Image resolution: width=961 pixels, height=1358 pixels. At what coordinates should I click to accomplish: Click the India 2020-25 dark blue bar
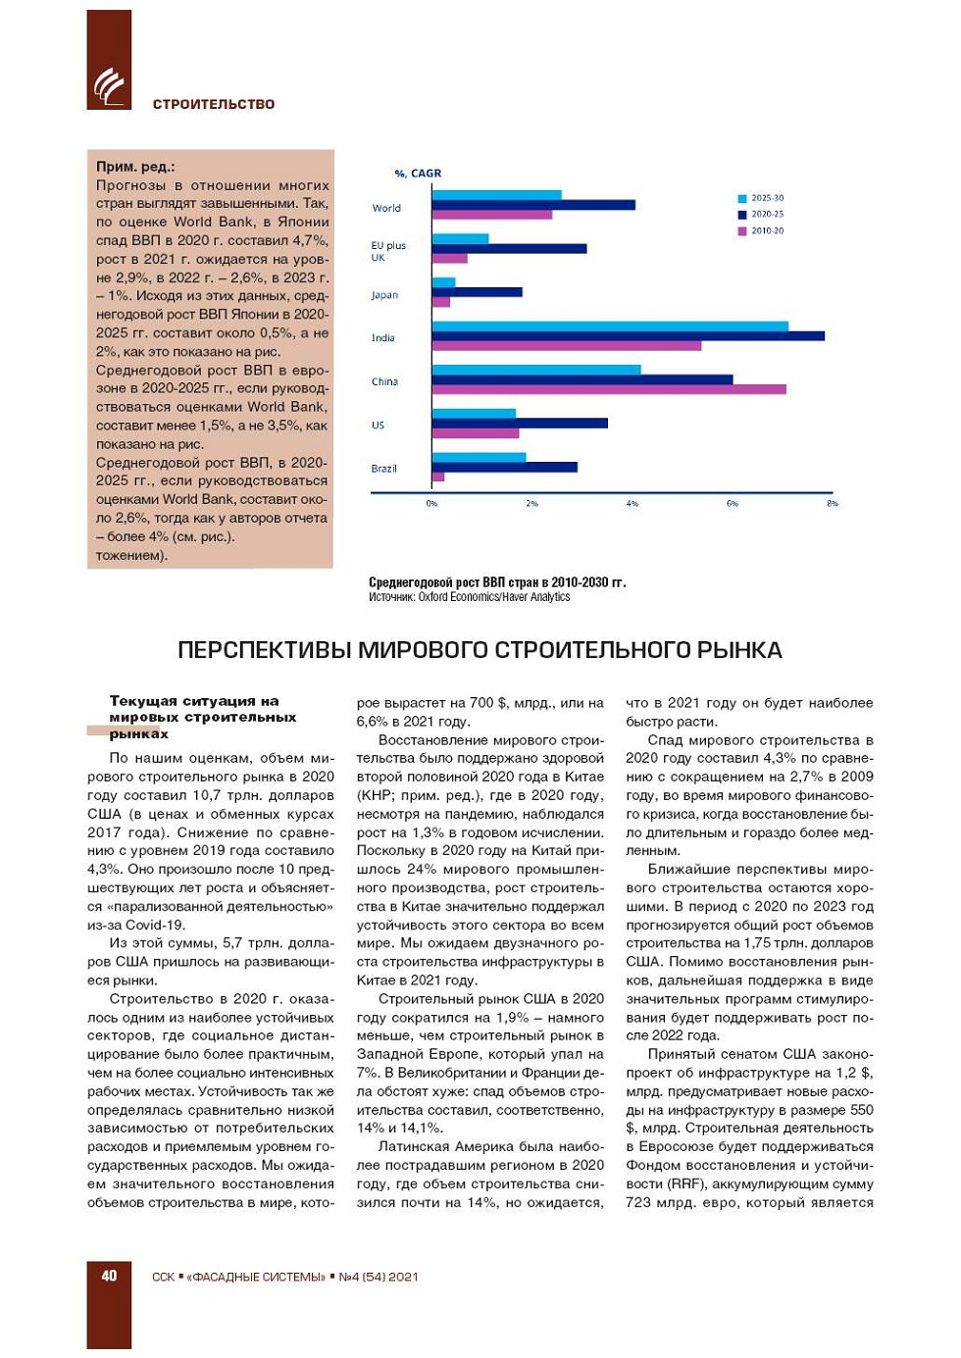[628, 336]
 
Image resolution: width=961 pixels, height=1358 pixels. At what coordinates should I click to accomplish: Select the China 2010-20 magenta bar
[608, 389]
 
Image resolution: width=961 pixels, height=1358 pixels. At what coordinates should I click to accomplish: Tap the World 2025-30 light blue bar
[496, 195]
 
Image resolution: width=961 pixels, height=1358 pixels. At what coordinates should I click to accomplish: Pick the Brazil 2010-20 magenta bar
[438, 478]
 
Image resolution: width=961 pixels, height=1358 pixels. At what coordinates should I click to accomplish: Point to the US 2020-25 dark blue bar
[520, 424]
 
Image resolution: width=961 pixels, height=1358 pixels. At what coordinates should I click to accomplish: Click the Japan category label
[384, 295]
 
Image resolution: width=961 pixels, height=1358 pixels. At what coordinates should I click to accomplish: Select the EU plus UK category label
[387, 251]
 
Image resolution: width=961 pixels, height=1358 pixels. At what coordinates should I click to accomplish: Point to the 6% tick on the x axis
[733, 503]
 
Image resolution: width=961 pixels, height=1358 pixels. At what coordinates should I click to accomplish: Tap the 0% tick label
[431, 503]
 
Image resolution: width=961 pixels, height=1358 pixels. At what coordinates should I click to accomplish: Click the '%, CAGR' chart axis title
[418, 174]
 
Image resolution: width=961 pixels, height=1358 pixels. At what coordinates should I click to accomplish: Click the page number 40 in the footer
[109, 1276]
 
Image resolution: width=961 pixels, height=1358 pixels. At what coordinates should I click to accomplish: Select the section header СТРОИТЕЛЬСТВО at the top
[214, 104]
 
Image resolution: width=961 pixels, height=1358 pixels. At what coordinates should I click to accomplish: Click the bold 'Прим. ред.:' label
[135, 167]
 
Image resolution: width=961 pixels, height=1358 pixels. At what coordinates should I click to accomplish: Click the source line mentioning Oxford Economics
[469, 597]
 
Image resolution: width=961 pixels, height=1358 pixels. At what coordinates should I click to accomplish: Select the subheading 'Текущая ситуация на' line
[194, 701]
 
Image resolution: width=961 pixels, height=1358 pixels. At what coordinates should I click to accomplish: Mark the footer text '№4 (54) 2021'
[379, 1277]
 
